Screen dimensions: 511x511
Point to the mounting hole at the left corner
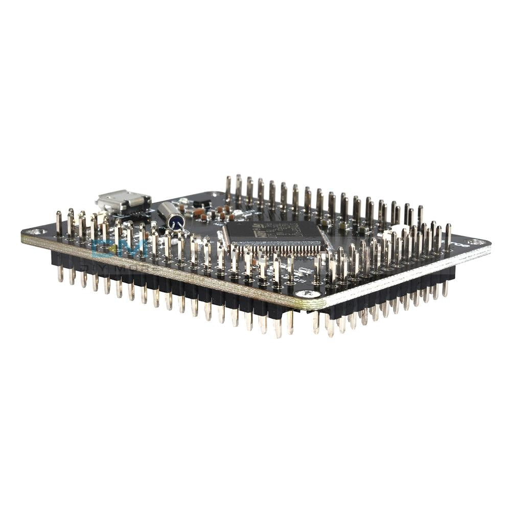click(34, 232)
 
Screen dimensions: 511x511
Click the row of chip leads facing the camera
click(276, 249)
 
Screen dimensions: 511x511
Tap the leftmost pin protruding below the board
click(60, 274)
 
